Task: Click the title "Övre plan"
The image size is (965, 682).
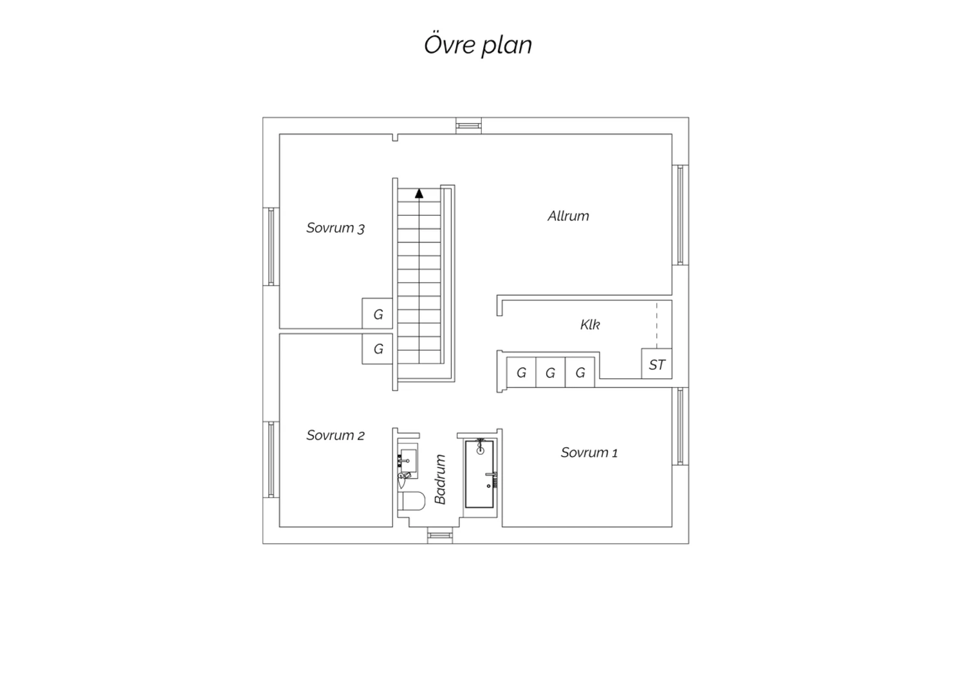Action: pyautogui.click(x=478, y=44)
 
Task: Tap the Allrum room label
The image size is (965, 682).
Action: pyautogui.click(x=568, y=216)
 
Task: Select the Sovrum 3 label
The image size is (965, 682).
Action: pyautogui.click(x=336, y=228)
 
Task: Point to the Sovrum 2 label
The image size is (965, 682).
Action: pyautogui.click(x=336, y=436)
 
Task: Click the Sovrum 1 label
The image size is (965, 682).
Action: pyautogui.click(x=589, y=452)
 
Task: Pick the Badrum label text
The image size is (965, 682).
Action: pyautogui.click(x=440, y=479)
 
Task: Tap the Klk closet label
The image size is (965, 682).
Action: pyautogui.click(x=590, y=324)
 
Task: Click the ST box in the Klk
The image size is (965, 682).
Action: pyautogui.click(x=657, y=364)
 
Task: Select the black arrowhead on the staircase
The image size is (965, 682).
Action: pyautogui.click(x=419, y=194)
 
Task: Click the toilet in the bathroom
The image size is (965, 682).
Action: pyautogui.click(x=412, y=501)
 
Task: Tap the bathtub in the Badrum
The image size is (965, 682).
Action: pyautogui.click(x=479, y=474)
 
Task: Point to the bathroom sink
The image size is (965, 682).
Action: pyautogui.click(x=407, y=461)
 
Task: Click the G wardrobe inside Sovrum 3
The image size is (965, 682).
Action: pyautogui.click(x=378, y=313)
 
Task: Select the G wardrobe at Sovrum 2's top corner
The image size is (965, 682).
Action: pyautogui.click(x=378, y=349)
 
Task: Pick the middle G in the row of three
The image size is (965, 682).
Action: pyautogui.click(x=551, y=373)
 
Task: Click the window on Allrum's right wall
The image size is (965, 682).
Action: pyautogui.click(x=680, y=215)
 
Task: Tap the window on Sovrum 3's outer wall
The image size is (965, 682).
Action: pyautogui.click(x=271, y=246)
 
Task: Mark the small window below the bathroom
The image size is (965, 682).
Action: pyautogui.click(x=440, y=535)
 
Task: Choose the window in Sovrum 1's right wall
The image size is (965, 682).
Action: pyautogui.click(x=680, y=426)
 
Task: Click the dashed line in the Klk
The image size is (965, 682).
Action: pyautogui.click(x=657, y=326)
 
